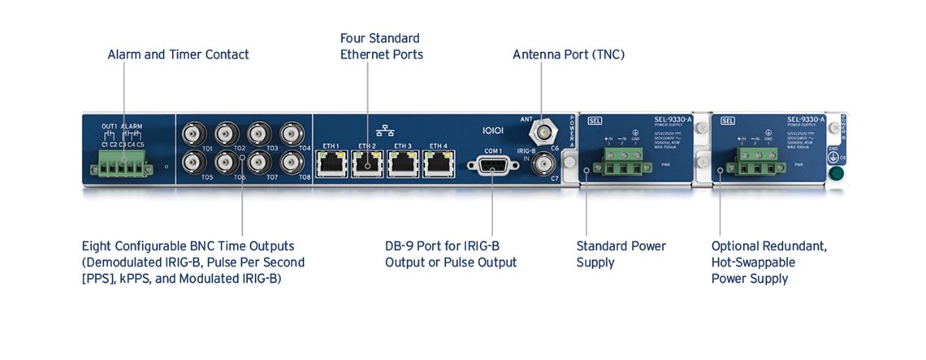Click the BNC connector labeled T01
(x=193, y=133)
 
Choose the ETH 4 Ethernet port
(x=439, y=165)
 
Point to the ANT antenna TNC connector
(x=542, y=130)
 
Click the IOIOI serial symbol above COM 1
(x=494, y=130)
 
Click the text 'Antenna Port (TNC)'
(x=568, y=55)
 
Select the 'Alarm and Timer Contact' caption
(x=178, y=55)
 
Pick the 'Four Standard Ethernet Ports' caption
(x=381, y=46)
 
